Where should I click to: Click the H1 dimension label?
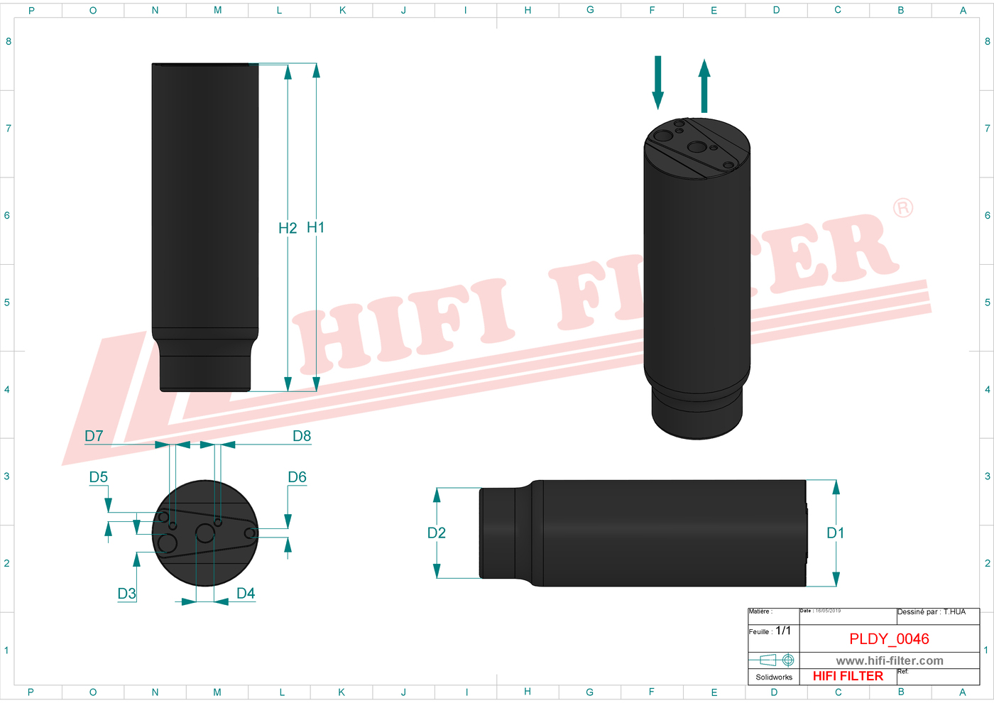pyautogui.click(x=315, y=227)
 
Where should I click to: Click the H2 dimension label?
pyautogui.click(x=288, y=228)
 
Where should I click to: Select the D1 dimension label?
pyautogui.click(x=836, y=533)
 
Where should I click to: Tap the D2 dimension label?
pyautogui.click(x=437, y=533)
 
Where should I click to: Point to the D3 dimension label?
pyautogui.click(x=126, y=594)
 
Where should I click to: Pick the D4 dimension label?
pyautogui.click(x=246, y=593)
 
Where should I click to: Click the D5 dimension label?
pyautogui.click(x=99, y=477)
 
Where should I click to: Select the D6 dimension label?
pyautogui.click(x=297, y=477)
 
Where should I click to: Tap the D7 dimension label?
pyautogui.click(x=94, y=436)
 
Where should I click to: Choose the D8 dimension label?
pyautogui.click(x=302, y=436)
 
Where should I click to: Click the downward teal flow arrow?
pyautogui.click(x=658, y=82)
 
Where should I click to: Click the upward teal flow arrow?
pyautogui.click(x=704, y=86)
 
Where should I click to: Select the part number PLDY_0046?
pyautogui.click(x=889, y=639)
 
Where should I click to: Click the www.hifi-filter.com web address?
pyautogui.click(x=889, y=660)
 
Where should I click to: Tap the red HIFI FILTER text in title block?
pyautogui.click(x=848, y=676)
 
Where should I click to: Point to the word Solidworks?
pyautogui.click(x=774, y=677)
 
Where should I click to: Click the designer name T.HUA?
pyautogui.click(x=954, y=611)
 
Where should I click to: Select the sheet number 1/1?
pyautogui.click(x=783, y=631)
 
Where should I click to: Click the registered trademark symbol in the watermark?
pyautogui.click(x=902, y=208)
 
